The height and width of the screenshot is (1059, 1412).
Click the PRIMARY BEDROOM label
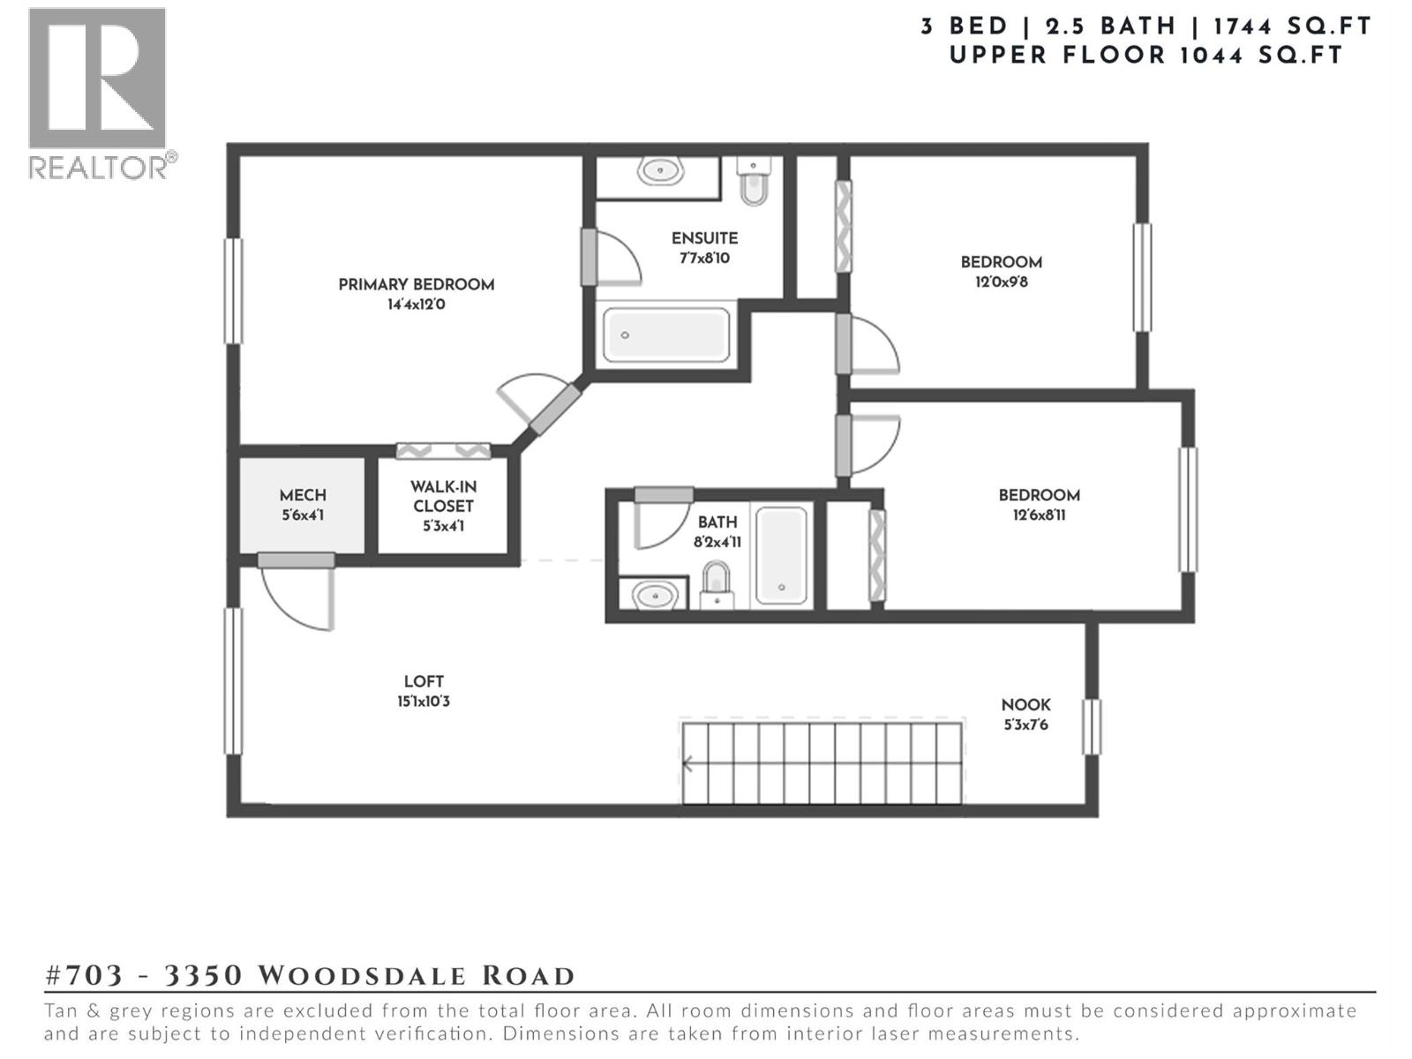[416, 284]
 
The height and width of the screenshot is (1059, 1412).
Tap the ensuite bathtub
[666, 334]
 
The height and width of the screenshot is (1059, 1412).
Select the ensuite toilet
[754, 182]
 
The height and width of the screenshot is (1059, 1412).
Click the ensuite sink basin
[659, 170]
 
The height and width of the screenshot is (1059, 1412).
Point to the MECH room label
[303, 495]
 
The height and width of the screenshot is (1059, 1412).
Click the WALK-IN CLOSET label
[443, 496]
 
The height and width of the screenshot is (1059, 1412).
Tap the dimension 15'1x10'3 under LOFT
[424, 702]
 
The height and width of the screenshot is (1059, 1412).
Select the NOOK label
[1025, 704]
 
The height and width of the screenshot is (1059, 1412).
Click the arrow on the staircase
[688, 764]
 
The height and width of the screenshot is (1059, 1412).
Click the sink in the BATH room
[654, 596]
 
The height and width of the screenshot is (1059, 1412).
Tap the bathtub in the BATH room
[781, 554]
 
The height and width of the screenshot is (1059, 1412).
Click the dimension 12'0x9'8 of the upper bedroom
[1001, 282]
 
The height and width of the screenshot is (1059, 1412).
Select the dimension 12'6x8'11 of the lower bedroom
[1039, 515]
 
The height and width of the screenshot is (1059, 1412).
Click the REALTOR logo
[98, 93]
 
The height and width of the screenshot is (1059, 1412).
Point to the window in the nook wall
[1092, 726]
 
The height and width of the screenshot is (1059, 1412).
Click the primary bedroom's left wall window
[233, 290]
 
